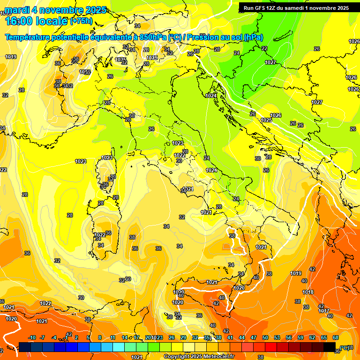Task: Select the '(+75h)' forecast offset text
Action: pyautogui.click(x=81, y=21)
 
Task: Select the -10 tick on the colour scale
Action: pyautogui.click(x=32, y=337)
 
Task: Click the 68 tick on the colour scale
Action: pyautogui.click(x=336, y=337)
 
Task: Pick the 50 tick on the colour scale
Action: pyautogui.click(x=265, y=337)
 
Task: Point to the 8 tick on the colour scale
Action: pyautogui.click(x=100, y=337)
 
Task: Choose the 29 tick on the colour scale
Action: pyautogui.click(x=183, y=337)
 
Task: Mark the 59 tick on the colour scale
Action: pyautogui.click(x=300, y=337)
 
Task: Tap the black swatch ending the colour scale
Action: pyautogui.click(x=330, y=347)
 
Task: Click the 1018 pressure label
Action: pyautogui.click(x=308, y=292)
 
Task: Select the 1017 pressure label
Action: pyautogui.click(x=324, y=310)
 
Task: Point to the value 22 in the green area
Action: pyautogui.click(x=264, y=48)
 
